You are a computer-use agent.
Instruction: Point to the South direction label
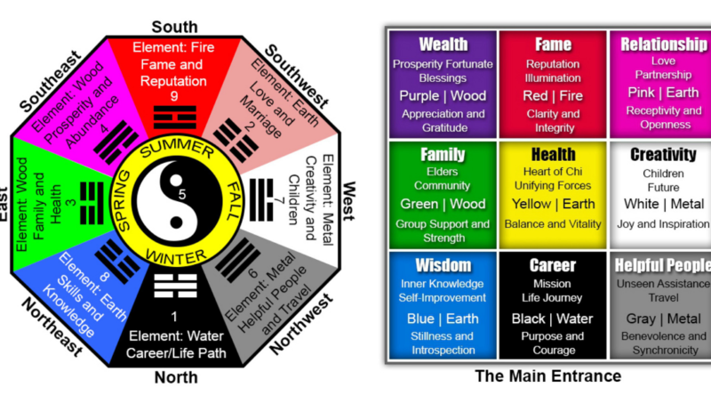tap(175, 26)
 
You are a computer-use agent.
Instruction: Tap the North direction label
tap(175, 376)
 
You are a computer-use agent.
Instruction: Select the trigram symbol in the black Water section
tap(175, 287)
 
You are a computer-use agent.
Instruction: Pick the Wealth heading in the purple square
tap(443, 44)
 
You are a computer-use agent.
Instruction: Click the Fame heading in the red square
tap(553, 44)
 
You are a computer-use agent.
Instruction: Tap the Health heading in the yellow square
tap(553, 155)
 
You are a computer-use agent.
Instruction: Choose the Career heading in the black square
tap(553, 265)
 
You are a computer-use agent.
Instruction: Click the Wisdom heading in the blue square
tap(443, 265)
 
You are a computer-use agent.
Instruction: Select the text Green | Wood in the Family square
tap(443, 205)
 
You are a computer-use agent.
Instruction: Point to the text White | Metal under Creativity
tap(662, 205)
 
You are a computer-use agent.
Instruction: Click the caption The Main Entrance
tap(548, 376)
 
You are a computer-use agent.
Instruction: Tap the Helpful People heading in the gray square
tap(662, 265)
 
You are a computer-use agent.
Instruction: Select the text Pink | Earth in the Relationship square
tap(662, 93)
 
